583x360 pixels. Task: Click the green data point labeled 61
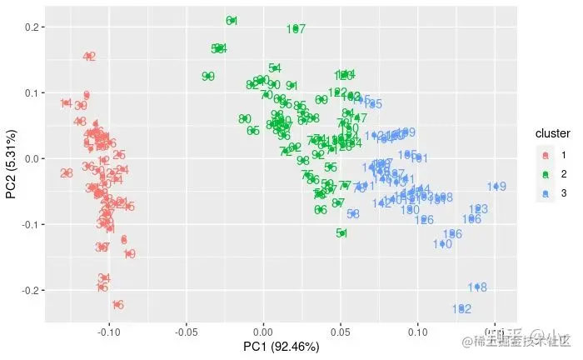click(x=232, y=21)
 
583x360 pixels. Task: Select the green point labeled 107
click(x=296, y=29)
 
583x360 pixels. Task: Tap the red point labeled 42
click(x=90, y=57)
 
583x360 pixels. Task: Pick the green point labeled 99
click(x=208, y=77)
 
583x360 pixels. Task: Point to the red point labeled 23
click(x=67, y=173)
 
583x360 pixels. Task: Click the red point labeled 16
click(x=118, y=305)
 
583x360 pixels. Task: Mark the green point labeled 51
click(x=342, y=233)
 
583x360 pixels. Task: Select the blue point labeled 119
click(x=496, y=187)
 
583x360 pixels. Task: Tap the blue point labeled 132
click(x=461, y=309)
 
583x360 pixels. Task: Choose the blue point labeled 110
click(x=442, y=244)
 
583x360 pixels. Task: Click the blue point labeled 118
click(x=477, y=287)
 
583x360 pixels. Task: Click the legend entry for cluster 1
click(x=546, y=155)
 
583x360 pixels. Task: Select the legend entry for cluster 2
click(x=546, y=174)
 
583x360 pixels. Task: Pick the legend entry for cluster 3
click(x=546, y=193)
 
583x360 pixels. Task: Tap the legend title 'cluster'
click(x=552, y=133)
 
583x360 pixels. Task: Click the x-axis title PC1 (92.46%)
click(x=282, y=346)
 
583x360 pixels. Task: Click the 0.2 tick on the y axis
click(x=32, y=27)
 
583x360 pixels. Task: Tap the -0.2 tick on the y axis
click(x=31, y=290)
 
